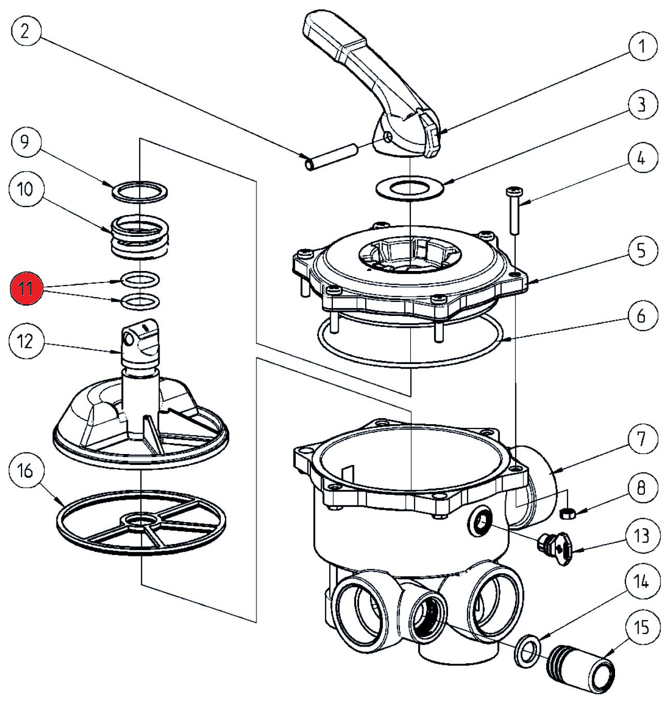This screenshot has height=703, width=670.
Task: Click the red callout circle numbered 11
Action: coord(26,288)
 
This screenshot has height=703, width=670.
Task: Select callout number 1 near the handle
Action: coord(641,47)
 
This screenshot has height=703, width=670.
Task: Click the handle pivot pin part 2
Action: coord(331,157)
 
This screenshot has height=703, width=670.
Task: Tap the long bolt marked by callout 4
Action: coord(511,210)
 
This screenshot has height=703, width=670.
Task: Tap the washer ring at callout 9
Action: coord(140,191)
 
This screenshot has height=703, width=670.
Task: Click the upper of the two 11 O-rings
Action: coord(140,279)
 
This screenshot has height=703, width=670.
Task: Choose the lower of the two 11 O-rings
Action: coord(140,301)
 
